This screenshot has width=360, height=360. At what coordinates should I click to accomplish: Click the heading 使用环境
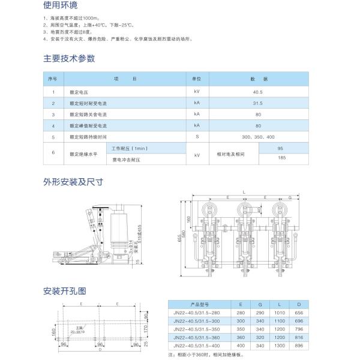pyautogui.click(x=60, y=7)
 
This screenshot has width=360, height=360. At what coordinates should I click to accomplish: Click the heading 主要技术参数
pyautogui.click(x=69, y=58)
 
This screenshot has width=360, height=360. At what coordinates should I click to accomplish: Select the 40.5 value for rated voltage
pyautogui.click(x=258, y=92)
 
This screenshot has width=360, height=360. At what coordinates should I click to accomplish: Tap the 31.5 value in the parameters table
pyautogui.click(x=258, y=103)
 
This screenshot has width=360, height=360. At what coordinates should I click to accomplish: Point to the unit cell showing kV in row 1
pyautogui.click(x=196, y=92)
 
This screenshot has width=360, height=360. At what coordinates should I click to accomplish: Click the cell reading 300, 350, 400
pyautogui.click(x=258, y=137)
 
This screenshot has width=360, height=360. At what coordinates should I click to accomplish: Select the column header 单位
pyautogui.click(x=196, y=79)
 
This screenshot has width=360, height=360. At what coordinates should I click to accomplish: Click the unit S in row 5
pyautogui.click(x=196, y=137)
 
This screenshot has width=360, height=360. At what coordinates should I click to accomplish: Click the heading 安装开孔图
pyautogui.click(x=65, y=291)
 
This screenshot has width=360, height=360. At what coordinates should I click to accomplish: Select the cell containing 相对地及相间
pyautogui.click(x=231, y=154)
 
